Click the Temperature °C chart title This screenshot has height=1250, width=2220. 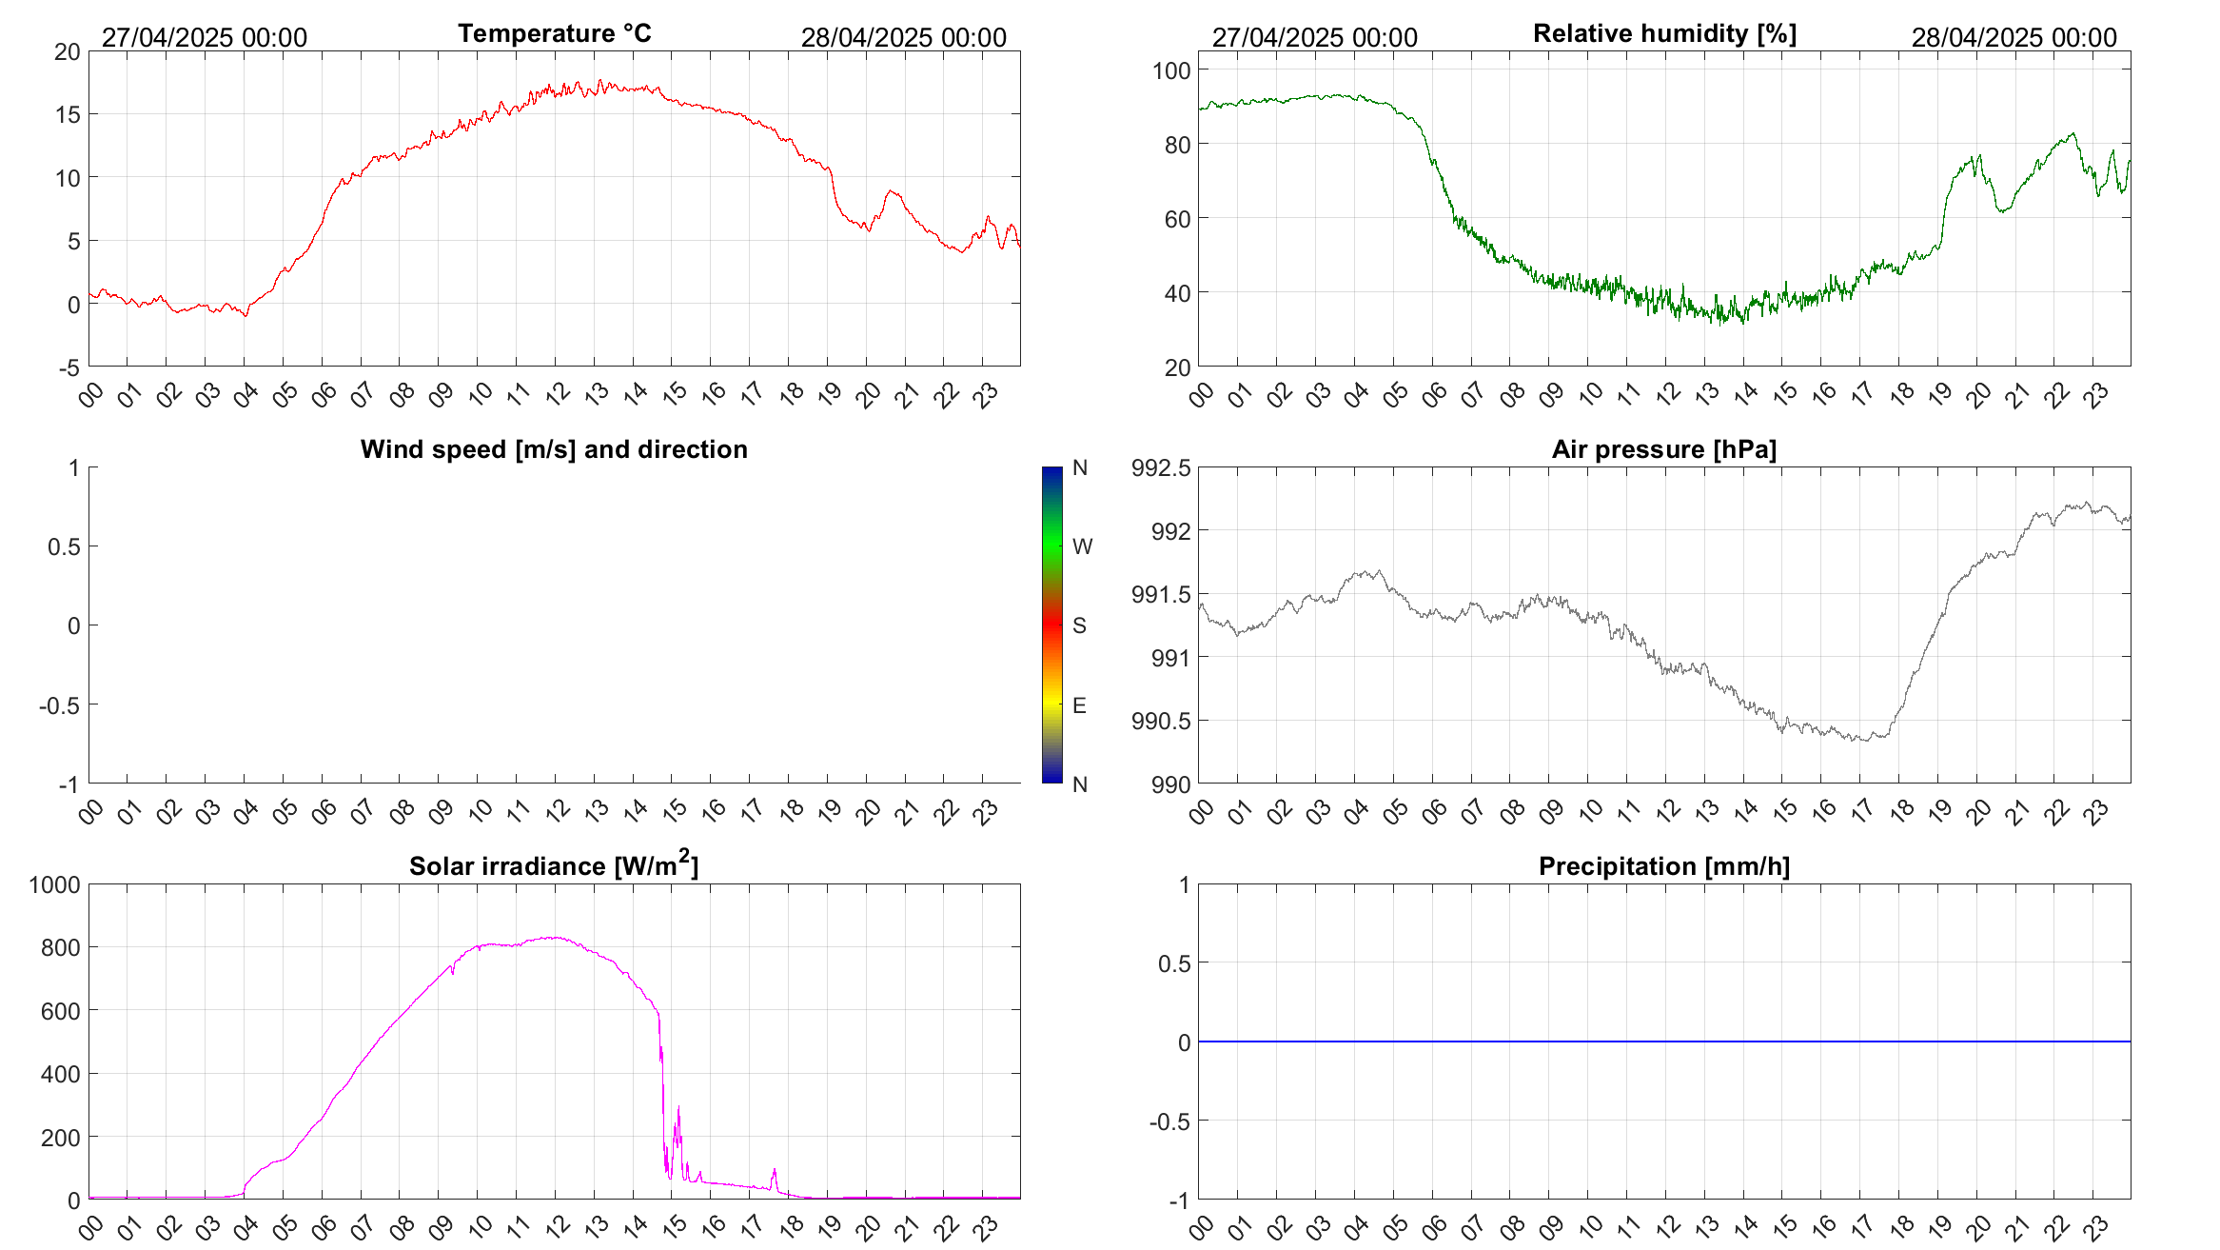(x=555, y=33)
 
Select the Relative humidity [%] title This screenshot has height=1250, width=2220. (x=1664, y=33)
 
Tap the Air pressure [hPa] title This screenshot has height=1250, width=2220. (x=1664, y=449)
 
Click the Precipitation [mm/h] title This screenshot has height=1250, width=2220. (x=1664, y=866)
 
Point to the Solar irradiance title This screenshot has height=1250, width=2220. (x=554, y=865)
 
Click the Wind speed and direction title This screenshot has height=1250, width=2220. (x=554, y=449)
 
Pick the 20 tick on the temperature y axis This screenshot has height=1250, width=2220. (x=68, y=52)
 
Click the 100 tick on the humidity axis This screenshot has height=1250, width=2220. (x=1171, y=70)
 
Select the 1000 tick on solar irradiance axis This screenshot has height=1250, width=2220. (x=55, y=884)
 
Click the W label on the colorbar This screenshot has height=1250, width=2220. (x=1082, y=546)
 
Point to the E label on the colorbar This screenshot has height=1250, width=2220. (x=1079, y=705)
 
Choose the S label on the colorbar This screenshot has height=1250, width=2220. (x=1079, y=625)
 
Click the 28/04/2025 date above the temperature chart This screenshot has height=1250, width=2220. (x=903, y=38)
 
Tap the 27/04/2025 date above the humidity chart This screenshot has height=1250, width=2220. (x=1314, y=38)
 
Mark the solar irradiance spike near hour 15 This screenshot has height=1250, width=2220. (x=678, y=1110)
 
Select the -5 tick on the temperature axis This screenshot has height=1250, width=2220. (x=69, y=368)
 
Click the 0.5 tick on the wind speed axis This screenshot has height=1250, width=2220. (x=64, y=546)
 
